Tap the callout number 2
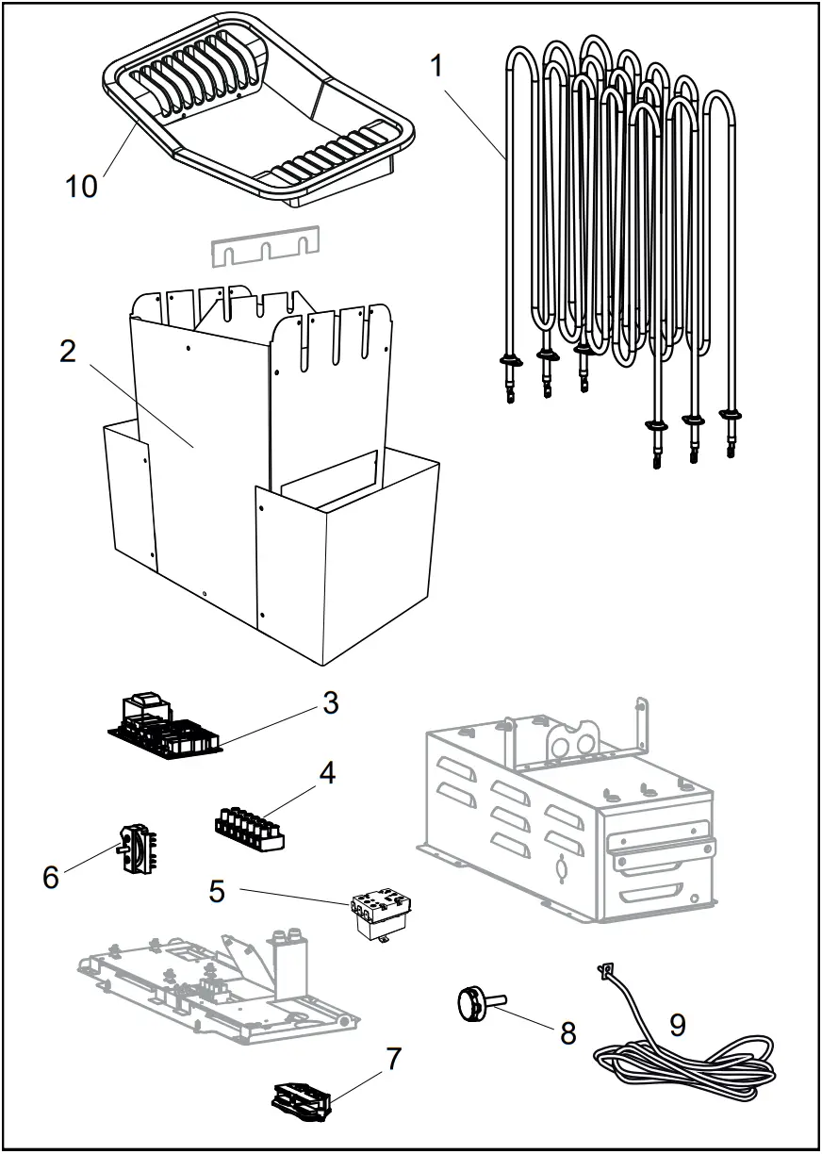[67, 351]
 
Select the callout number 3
[329, 702]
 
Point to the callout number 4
[326, 773]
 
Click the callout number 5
[218, 890]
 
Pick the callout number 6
[51, 876]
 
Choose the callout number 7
[394, 1059]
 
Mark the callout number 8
[567, 1032]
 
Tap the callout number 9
[678, 1025]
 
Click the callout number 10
[82, 186]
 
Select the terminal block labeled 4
[250, 829]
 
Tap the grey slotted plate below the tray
[265, 246]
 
